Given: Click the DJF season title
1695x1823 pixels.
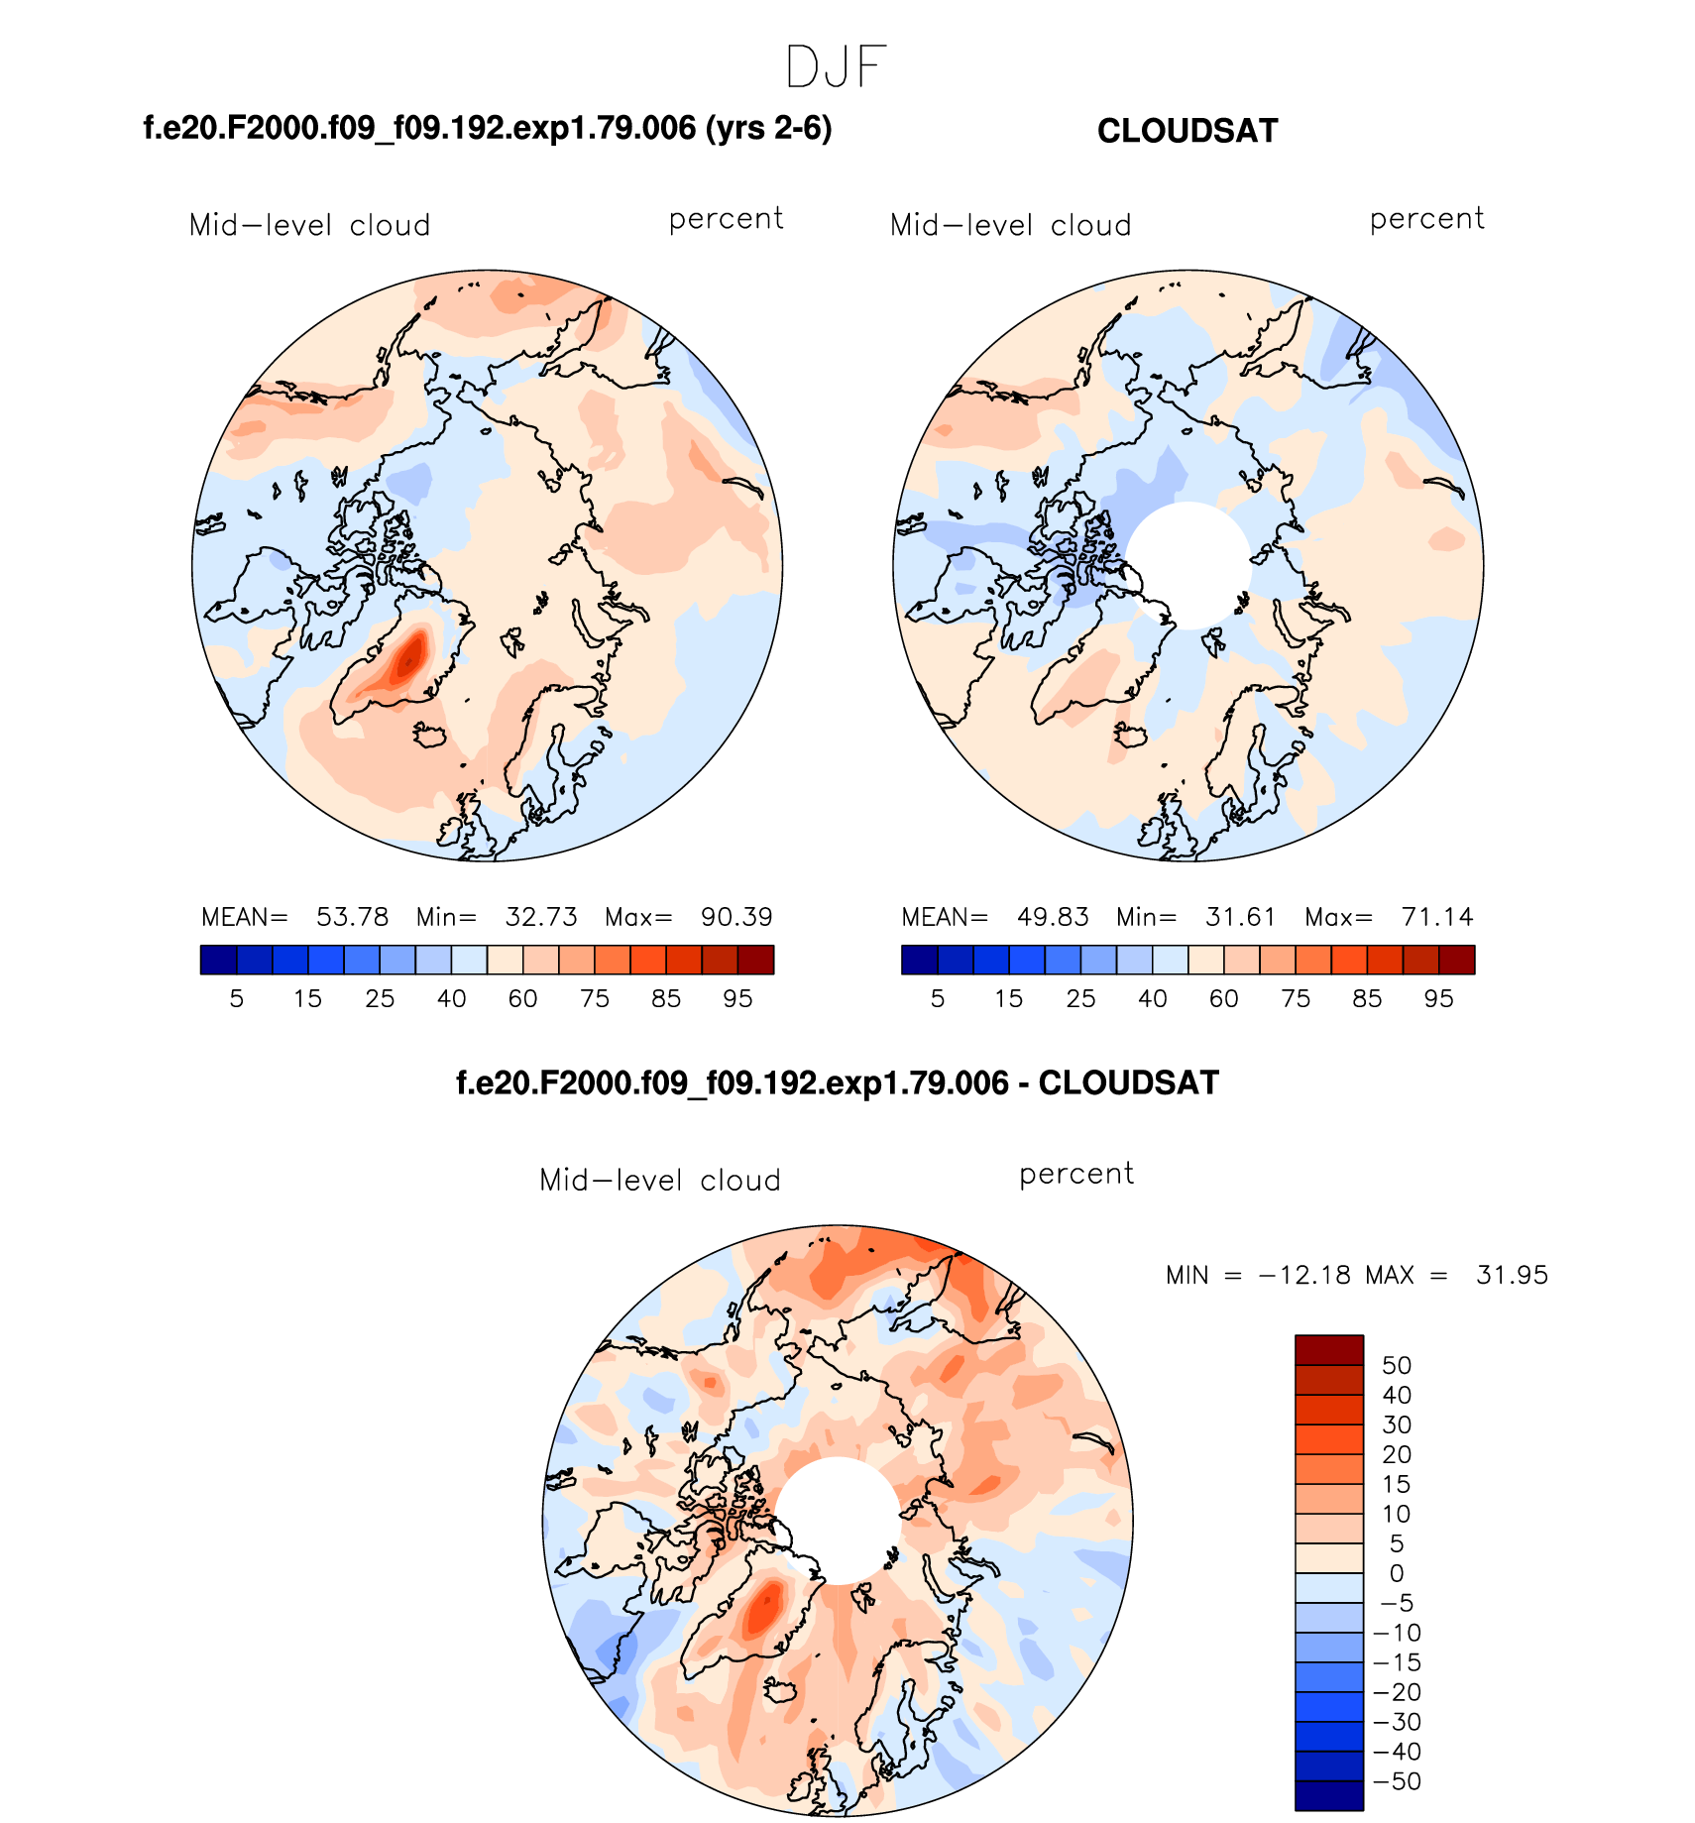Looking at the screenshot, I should (836, 68).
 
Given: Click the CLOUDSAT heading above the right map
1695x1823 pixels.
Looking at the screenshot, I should (1186, 131).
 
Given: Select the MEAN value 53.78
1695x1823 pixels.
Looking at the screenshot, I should (352, 917).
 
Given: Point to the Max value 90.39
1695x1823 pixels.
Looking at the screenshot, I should (736, 917).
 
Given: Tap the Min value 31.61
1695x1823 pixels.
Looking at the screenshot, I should (1240, 917).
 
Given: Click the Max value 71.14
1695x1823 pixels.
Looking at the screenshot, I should (1437, 917).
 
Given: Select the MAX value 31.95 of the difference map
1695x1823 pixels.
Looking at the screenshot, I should (1512, 1275).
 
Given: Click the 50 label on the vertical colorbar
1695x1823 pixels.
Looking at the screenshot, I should (1396, 1365).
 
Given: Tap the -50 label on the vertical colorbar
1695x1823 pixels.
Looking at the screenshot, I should (1397, 1781).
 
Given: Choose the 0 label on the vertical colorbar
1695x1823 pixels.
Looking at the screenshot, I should (1396, 1573).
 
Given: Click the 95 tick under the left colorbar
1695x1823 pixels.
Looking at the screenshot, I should (737, 998).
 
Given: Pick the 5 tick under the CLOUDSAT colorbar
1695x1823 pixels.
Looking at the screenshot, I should (937, 998).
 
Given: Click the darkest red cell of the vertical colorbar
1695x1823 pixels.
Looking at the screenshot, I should (1328, 1350).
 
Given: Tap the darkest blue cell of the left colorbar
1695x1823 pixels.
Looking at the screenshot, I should (218, 960).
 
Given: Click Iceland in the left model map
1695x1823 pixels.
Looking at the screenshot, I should (431, 736).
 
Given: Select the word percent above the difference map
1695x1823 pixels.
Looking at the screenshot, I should (1075, 1174).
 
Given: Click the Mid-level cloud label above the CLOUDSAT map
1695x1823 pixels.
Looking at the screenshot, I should (1010, 225).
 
